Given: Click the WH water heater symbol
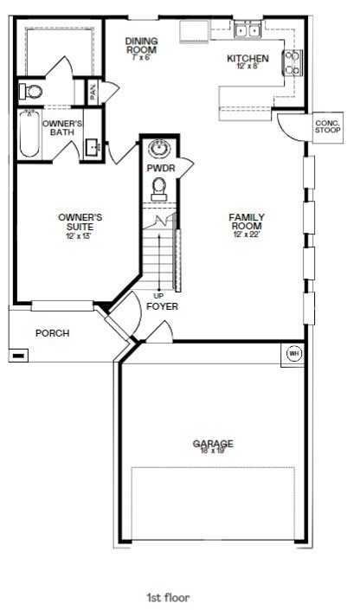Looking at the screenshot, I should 292,353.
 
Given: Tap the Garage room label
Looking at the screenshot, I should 212,445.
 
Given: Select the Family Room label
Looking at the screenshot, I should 247,217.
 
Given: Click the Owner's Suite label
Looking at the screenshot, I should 80,217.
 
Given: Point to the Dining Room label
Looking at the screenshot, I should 140,43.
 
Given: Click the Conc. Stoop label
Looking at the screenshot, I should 326,125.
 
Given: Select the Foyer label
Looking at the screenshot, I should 162,306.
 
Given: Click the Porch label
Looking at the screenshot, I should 52,333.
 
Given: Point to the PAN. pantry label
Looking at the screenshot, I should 92,89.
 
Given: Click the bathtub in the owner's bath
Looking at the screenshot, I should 29,134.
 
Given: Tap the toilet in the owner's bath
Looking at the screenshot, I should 33,90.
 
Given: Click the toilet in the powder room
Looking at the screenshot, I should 159,186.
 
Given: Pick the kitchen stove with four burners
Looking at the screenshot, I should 292,62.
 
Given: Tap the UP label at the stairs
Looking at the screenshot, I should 158,295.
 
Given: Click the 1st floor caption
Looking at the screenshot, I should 168,597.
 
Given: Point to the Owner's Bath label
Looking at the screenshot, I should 62,128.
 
